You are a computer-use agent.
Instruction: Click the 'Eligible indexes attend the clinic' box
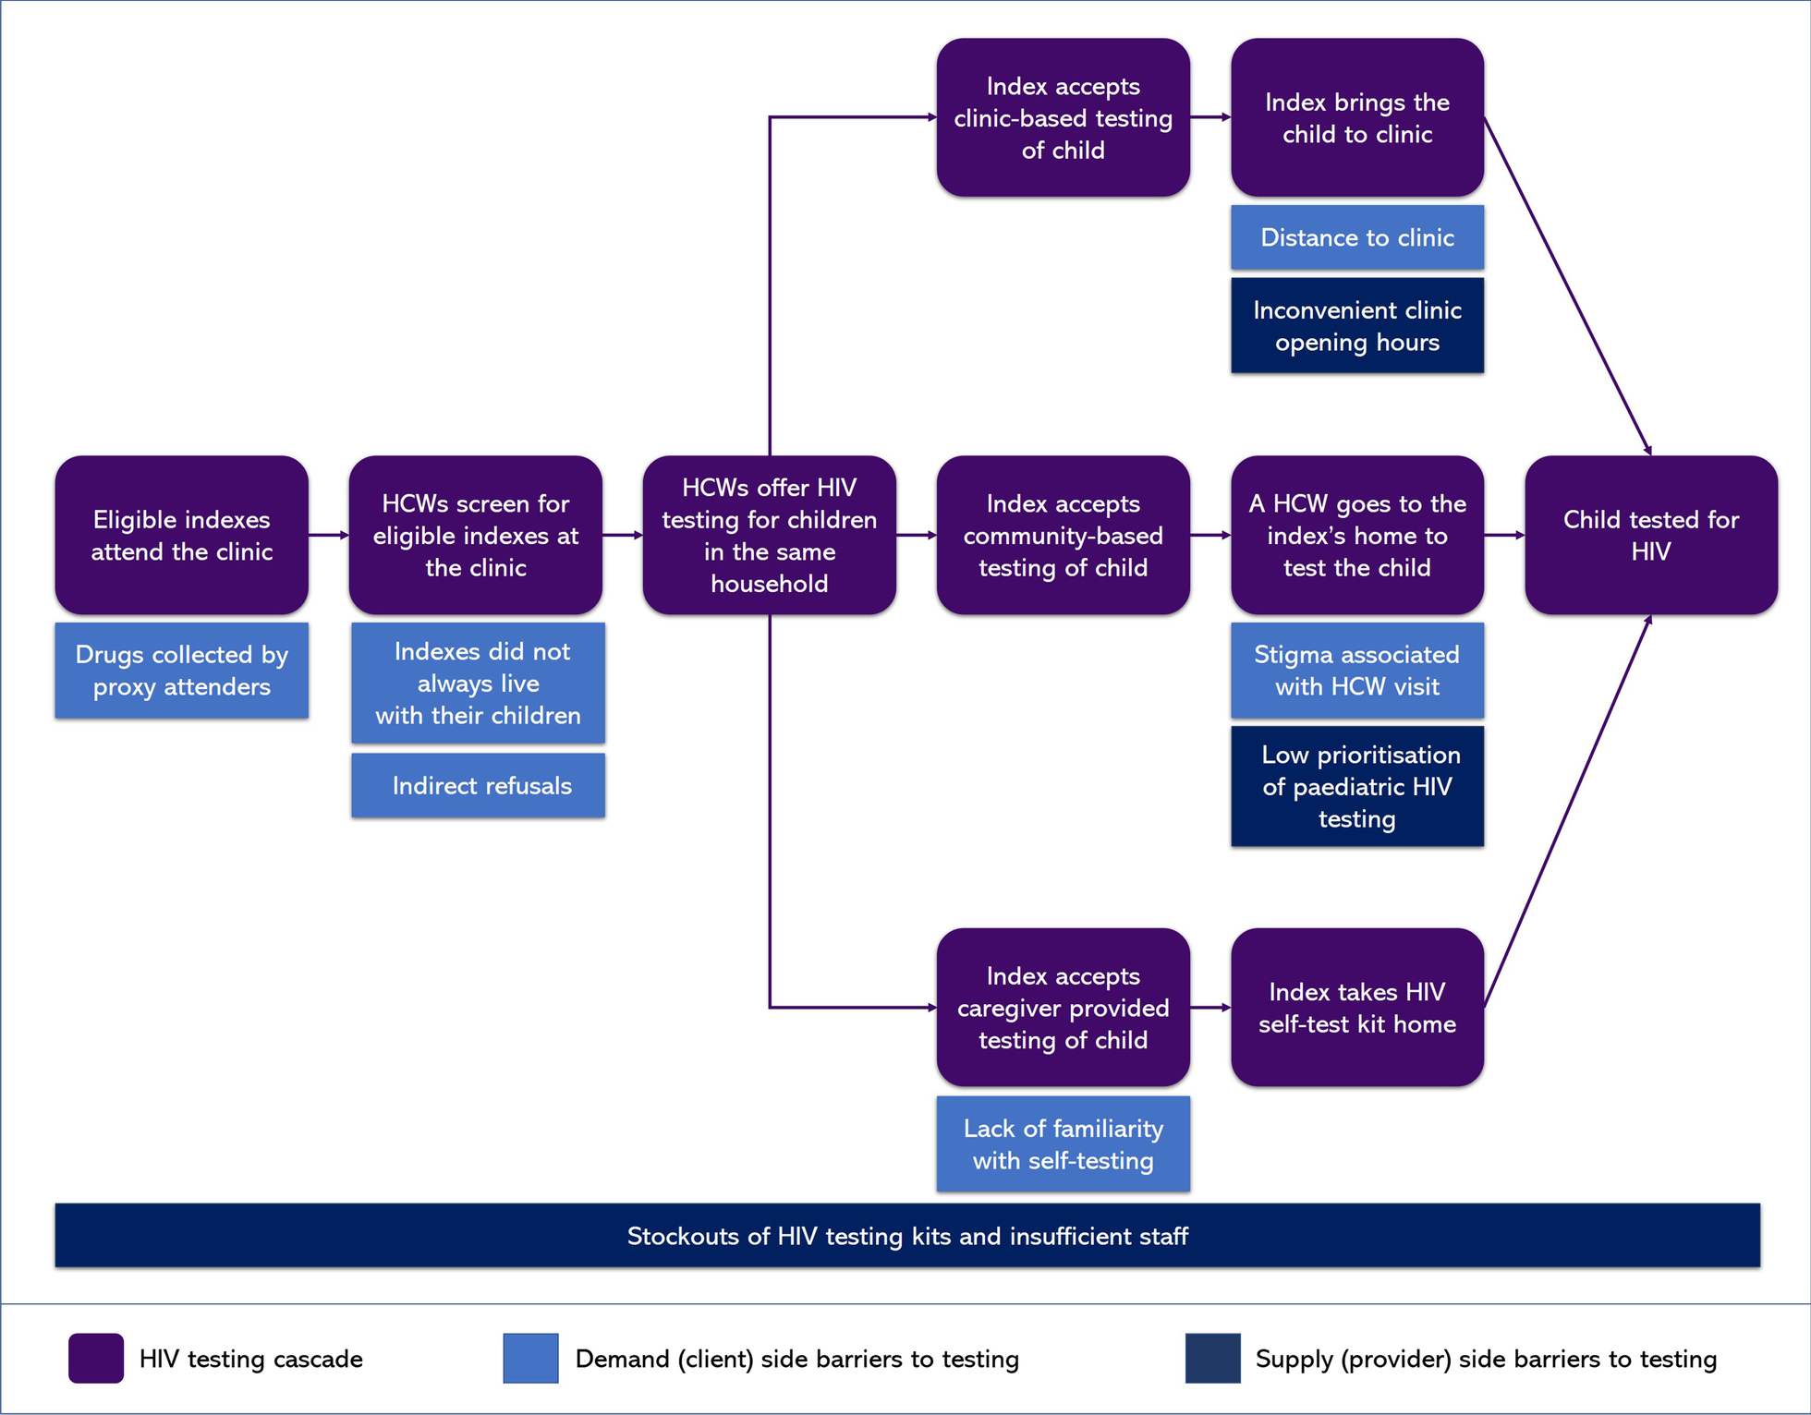[181, 535]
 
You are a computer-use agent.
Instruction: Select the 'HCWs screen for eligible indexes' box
[475, 535]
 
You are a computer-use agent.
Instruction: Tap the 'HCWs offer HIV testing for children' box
[769, 535]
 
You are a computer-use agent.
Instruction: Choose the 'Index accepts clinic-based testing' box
[1063, 117]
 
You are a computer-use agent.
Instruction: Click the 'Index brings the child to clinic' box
[1356, 117]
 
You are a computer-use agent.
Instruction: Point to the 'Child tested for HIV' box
[1650, 535]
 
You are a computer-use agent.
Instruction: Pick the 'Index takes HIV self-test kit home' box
[1356, 1007]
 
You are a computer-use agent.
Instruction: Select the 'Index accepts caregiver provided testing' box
[1063, 1007]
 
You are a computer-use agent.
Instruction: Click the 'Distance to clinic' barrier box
[1356, 237]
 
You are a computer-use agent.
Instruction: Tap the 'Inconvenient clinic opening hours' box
[1356, 325]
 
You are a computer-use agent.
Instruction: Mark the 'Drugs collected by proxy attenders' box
[181, 671]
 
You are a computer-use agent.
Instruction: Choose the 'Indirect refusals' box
[478, 785]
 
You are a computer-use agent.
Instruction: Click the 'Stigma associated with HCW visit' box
[1356, 671]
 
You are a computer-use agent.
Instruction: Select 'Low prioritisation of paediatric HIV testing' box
[1356, 786]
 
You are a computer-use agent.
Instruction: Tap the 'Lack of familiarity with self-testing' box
[1063, 1143]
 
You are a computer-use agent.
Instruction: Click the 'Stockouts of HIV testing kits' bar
[906, 1235]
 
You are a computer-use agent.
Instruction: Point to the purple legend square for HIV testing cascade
[96, 1358]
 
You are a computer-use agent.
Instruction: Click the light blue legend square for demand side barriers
[530, 1358]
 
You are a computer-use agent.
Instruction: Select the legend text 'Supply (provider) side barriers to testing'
[1485, 1359]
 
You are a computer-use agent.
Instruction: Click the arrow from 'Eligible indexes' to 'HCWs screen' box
[328, 535]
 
